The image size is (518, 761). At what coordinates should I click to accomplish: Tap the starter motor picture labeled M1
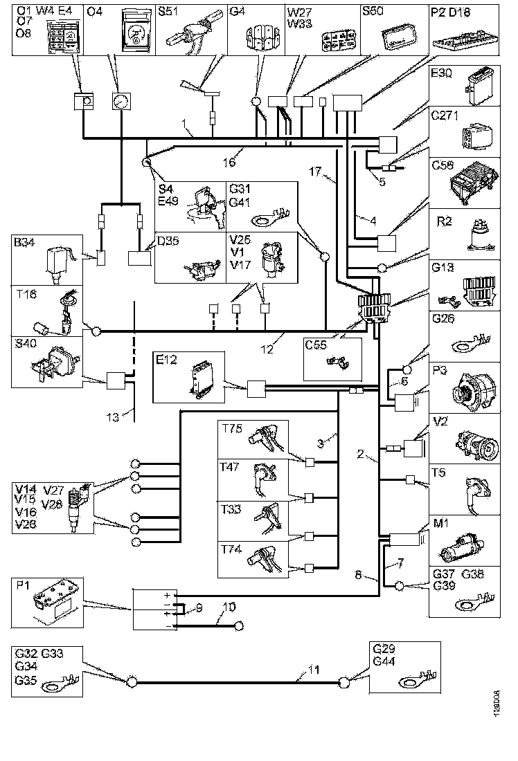click(469, 550)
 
